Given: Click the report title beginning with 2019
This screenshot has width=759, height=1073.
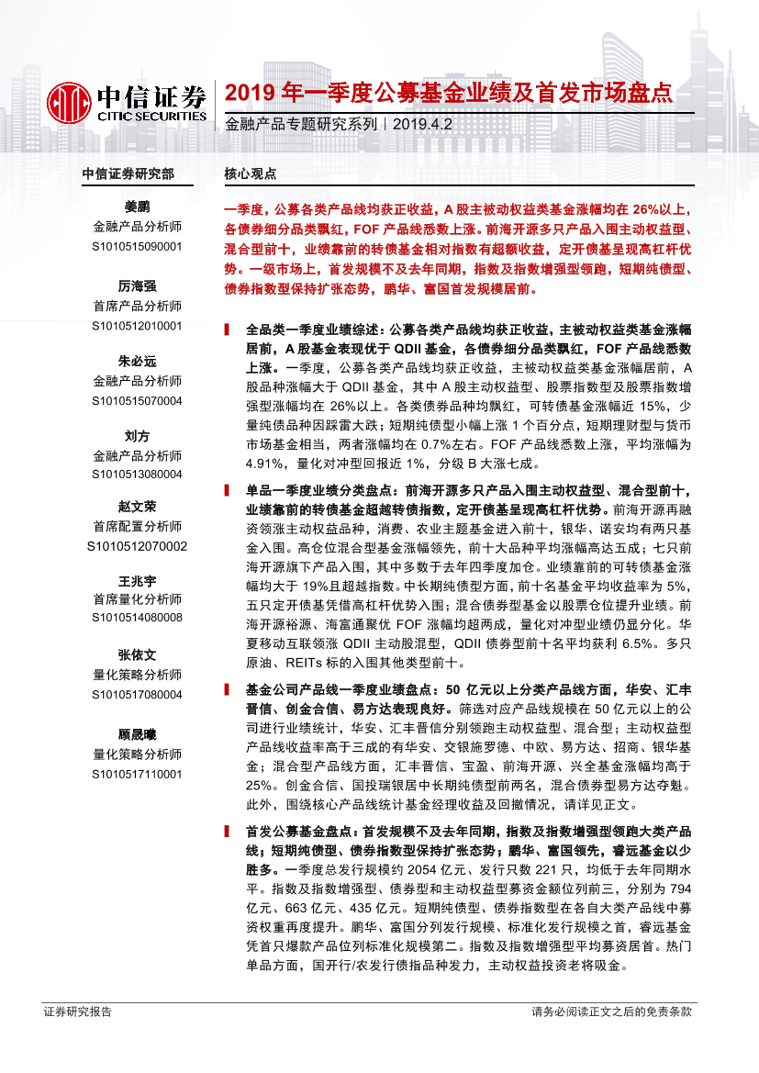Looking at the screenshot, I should (450, 93).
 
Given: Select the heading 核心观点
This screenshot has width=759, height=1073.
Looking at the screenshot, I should (251, 173).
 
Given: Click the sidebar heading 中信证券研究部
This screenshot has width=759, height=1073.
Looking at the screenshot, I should (128, 173).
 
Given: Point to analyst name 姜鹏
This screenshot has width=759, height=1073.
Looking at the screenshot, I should (137, 207).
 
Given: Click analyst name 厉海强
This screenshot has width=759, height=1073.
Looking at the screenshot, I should (137, 286).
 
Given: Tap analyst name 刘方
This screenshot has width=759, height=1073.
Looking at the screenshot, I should (137, 435).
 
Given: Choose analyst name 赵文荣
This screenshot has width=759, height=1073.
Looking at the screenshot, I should (137, 507).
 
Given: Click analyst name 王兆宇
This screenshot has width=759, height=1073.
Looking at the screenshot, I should (137, 580).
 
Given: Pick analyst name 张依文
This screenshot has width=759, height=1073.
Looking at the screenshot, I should (137, 654).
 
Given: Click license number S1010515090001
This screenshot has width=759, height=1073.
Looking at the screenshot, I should (137, 247).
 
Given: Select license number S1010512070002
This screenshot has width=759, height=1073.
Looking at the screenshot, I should (137, 545).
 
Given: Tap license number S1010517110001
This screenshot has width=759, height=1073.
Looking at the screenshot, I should (137, 774).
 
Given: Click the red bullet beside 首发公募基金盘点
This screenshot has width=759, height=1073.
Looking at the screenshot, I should (227, 831).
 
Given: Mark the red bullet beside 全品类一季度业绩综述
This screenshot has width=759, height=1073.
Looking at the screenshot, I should (227, 327).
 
